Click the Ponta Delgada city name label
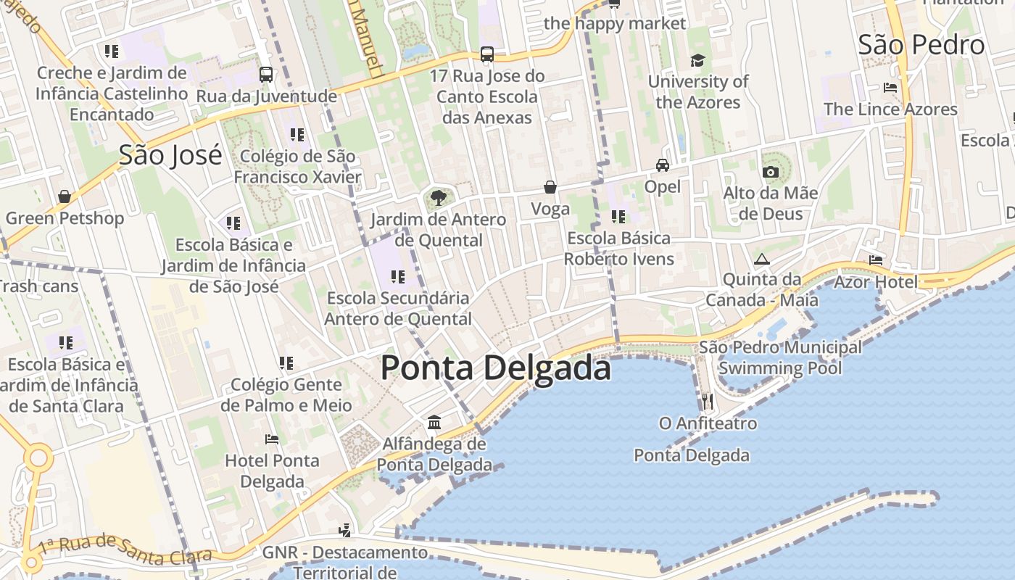[x=496, y=368]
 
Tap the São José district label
[x=170, y=155]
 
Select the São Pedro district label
[x=921, y=45]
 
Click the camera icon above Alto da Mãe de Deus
[x=770, y=172]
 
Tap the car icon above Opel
[x=663, y=165]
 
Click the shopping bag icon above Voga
[x=550, y=188]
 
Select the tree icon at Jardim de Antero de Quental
[x=438, y=197]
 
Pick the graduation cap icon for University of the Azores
[x=697, y=60]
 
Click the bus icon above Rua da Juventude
[x=266, y=74]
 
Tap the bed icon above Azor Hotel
[x=876, y=260]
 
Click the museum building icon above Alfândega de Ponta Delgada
[x=434, y=422]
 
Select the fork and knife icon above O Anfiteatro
[x=708, y=401]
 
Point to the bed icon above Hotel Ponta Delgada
[x=272, y=439]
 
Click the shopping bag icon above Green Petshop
[x=65, y=196]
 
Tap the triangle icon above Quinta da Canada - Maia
[x=761, y=259]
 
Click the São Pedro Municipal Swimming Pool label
[x=780, y=357]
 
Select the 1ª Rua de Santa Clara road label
[x=125, y=550]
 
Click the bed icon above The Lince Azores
[x=890, y=88]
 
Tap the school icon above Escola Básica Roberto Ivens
[x=618, y=216]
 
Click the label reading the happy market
[x=614, y=23]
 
